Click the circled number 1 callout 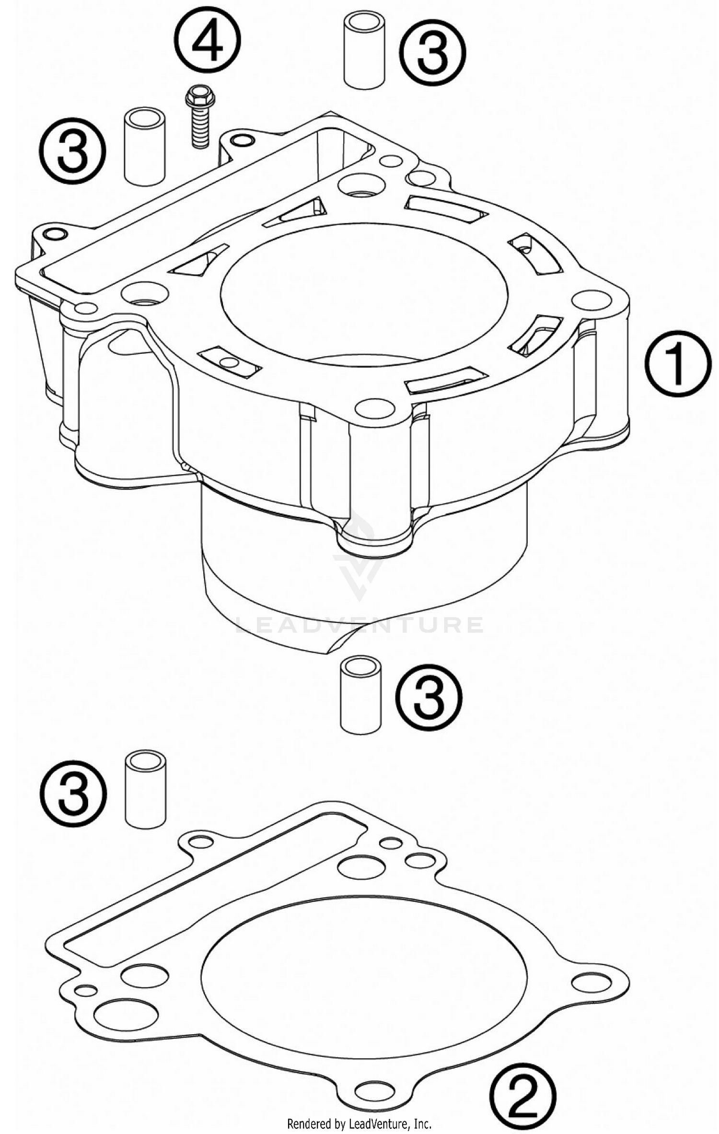(677, 364)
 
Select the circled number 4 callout (208, 40)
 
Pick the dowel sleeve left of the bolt (144, 146)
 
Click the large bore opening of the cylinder (364, 292)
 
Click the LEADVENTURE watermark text (359, 624)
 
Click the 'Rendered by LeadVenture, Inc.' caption (359, 1123)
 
